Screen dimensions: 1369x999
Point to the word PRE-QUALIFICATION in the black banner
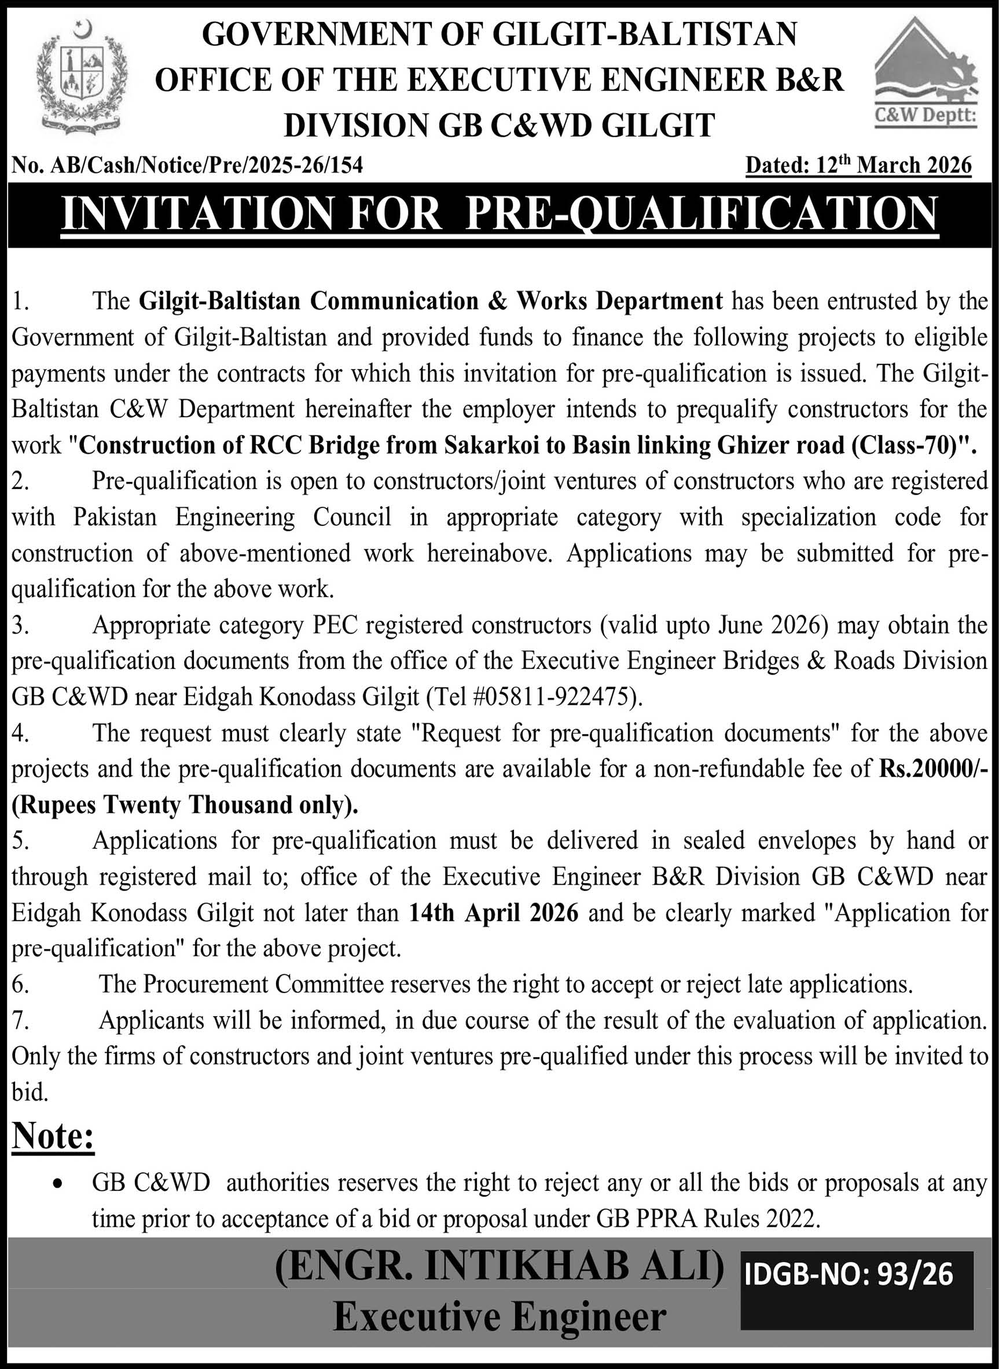point(701,214)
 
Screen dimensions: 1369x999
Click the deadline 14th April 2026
point(494,912)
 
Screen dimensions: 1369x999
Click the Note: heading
point(53,1136)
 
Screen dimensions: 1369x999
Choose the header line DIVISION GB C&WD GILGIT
point(499,126)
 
